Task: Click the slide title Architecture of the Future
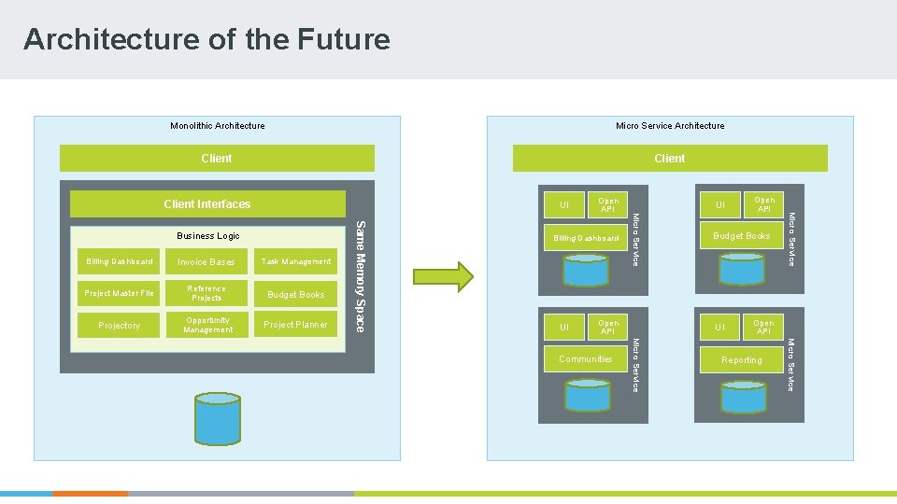(206, 39)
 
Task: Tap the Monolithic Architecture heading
(217, 126)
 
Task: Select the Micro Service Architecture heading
(669, 126)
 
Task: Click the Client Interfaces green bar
(206, 204)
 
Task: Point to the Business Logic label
(208, 236)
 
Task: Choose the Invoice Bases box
(206, 262)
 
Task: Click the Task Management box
(296, 262)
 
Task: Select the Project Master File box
(119, 293)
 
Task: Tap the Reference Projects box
(206, 293)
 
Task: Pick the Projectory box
(119, 325)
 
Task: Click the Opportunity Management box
(207, 325)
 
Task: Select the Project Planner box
(296, 325)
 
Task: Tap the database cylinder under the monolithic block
(217, 418)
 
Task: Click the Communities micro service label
(585, 359)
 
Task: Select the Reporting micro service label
(741, 360)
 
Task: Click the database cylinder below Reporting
(743, 396)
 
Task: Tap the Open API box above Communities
(608, 327)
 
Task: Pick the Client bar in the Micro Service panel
(669, 159)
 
